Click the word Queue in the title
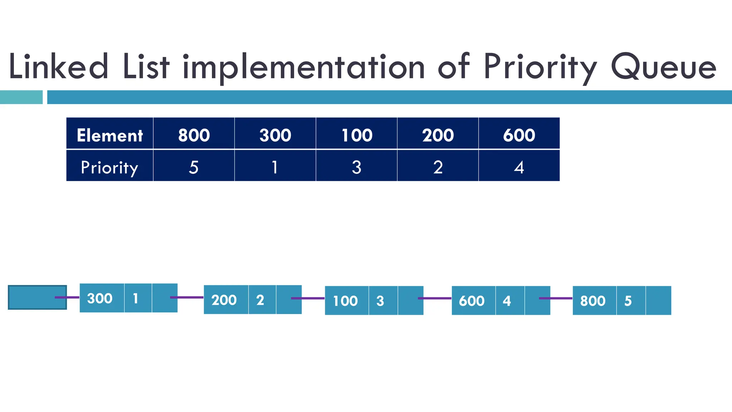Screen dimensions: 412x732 [x=663, y=67]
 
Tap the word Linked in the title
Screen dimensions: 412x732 [x=58, y=67]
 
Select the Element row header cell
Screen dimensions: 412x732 [x=110, y=135]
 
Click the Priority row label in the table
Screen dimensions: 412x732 [x=110, y=167]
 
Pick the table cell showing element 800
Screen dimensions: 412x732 [x=194, y=135]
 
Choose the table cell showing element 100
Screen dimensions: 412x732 [x=357, y=135]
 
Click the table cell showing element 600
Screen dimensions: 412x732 [x=519, y=135]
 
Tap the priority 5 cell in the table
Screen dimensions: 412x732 [x=194, y=167]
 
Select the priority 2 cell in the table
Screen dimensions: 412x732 [x=438, y=167]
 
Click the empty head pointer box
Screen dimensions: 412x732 [x=32, y=298]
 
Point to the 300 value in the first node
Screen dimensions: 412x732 [x=100, y=298]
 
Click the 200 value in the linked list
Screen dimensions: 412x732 [x=224, y=300]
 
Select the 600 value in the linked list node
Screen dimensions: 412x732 [x=472, y=301]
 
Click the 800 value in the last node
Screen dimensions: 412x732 [x=593, y=301]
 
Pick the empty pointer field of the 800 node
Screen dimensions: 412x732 [x=658, y=300]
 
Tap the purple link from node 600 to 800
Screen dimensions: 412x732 [x=556, y=298]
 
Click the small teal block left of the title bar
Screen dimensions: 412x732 [x=21, y=97]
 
